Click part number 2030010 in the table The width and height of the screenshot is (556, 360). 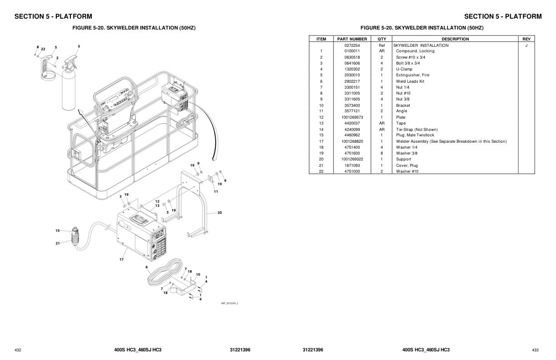click(352, 75)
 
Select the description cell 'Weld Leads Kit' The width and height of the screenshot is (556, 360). click(410, 81)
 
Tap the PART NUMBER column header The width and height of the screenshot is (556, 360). click(352, 39)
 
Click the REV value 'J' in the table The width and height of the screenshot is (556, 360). click(526, 45)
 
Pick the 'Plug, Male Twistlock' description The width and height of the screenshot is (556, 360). click(415, 135)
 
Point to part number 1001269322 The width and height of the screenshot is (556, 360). click(352, 159)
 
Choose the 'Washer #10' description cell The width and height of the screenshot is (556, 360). click(407, 171)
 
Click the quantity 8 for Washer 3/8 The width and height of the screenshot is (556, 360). click(382, 153)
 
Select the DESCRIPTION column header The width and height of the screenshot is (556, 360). click(455, 39)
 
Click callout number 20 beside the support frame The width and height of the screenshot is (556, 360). click(219, 212)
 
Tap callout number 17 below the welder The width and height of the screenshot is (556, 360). click(122, 260)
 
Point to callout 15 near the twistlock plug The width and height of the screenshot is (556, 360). click(58, 230)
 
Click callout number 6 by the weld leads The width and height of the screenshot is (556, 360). click(147, 267)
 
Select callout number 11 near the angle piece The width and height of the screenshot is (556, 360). click(216, 191)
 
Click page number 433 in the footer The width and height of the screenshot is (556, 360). click(535, 350)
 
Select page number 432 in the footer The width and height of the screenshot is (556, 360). click(18, 350)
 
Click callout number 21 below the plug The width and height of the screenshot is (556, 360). click(58, 243)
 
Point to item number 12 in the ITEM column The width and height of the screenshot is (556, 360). click(321, 117)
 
